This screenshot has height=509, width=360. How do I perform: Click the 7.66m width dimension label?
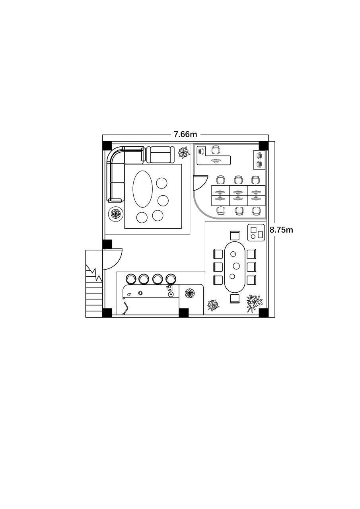pos(185,135)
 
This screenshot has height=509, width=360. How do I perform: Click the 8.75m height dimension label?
pos(281,230)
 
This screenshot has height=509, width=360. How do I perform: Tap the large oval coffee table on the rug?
pos(142,189)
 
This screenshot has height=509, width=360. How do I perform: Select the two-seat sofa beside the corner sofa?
pos(160,155)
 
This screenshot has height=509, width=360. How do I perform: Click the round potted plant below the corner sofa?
pos(116,214)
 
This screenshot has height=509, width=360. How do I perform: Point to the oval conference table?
pos(235,267)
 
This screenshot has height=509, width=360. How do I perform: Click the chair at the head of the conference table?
pos(235,235)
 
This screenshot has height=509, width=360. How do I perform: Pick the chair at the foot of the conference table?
pos(235,299)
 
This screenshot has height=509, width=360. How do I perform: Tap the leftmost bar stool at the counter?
pos(131,279)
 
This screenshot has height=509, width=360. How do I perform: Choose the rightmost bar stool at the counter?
pos(171,279)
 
